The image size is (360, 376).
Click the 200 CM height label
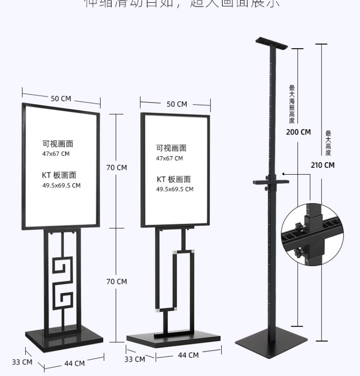coord(298,132)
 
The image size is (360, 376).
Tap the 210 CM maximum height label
coord(322,165)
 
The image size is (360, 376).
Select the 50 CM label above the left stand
coord(61,98)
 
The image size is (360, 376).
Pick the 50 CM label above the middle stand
coord(177,104)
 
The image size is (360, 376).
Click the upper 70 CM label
coord(116,167)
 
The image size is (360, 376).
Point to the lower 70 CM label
coord(116,281)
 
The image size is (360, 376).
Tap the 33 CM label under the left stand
coord(22,362)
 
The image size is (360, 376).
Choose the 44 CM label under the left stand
coord(74,363)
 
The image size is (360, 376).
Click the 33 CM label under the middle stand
coord(134,359)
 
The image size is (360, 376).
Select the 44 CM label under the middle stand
coord(188,355)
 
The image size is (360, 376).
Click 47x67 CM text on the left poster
coord(56,154)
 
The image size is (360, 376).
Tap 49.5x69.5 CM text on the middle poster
coord(175,189)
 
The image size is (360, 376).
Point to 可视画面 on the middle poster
coord(171,148)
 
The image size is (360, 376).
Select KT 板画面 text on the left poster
coord(59,175)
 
